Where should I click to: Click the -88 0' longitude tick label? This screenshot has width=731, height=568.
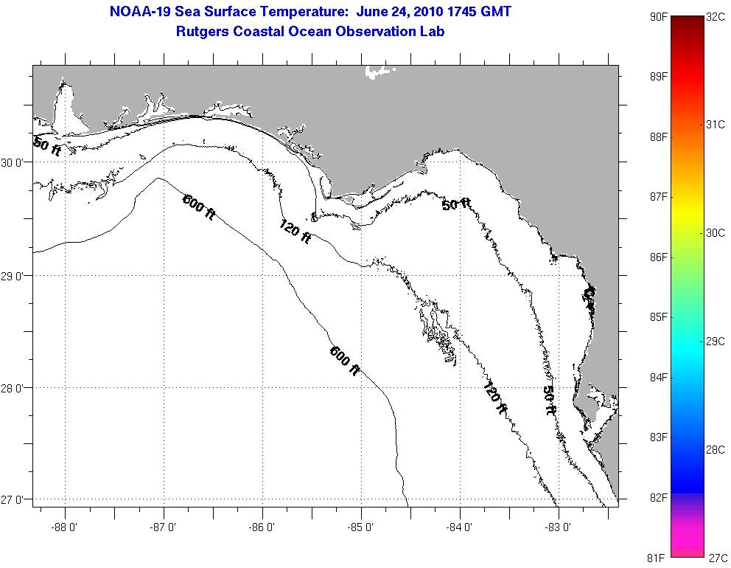(x=65, y=527)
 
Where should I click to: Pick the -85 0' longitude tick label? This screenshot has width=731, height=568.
(x=361, y=527)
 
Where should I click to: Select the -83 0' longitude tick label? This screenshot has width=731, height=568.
(x=559, y=527)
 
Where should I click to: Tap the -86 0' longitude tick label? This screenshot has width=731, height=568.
(x=262, y=527)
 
